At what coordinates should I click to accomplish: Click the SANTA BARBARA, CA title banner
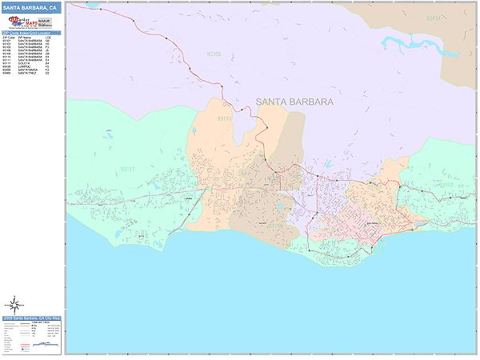point(30,7)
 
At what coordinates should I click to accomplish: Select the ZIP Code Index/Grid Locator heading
point(30,33)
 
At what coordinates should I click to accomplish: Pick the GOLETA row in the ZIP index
point(22,63)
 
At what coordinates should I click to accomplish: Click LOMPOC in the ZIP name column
point(23,66)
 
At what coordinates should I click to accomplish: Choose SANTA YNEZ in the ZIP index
point(25,73)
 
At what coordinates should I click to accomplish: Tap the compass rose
point(14,304)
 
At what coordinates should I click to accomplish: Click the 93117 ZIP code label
point(127,169)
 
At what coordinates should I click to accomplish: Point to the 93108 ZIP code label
point(446,184)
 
